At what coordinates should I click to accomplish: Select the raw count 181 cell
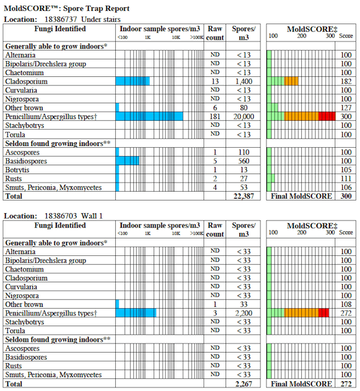[215, 116]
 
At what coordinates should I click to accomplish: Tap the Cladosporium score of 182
[346, 81]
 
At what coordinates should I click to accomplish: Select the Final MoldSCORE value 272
[346, 384]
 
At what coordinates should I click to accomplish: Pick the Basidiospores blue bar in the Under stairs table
[127, 160]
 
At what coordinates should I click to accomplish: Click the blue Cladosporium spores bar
[133, 81]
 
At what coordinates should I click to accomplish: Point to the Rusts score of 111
[346, 179]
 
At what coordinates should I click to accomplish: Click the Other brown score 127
[346, 108]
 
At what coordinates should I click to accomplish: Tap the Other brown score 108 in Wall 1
[346, 304]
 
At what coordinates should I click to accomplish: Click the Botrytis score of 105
[346, 170]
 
